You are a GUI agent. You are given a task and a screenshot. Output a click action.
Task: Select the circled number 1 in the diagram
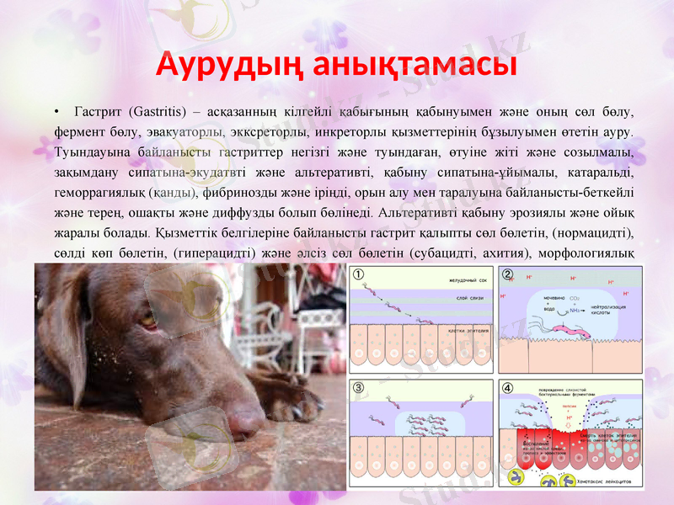coord(359,274)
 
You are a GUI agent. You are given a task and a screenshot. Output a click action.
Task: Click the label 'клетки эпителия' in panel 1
coord(463,329)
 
